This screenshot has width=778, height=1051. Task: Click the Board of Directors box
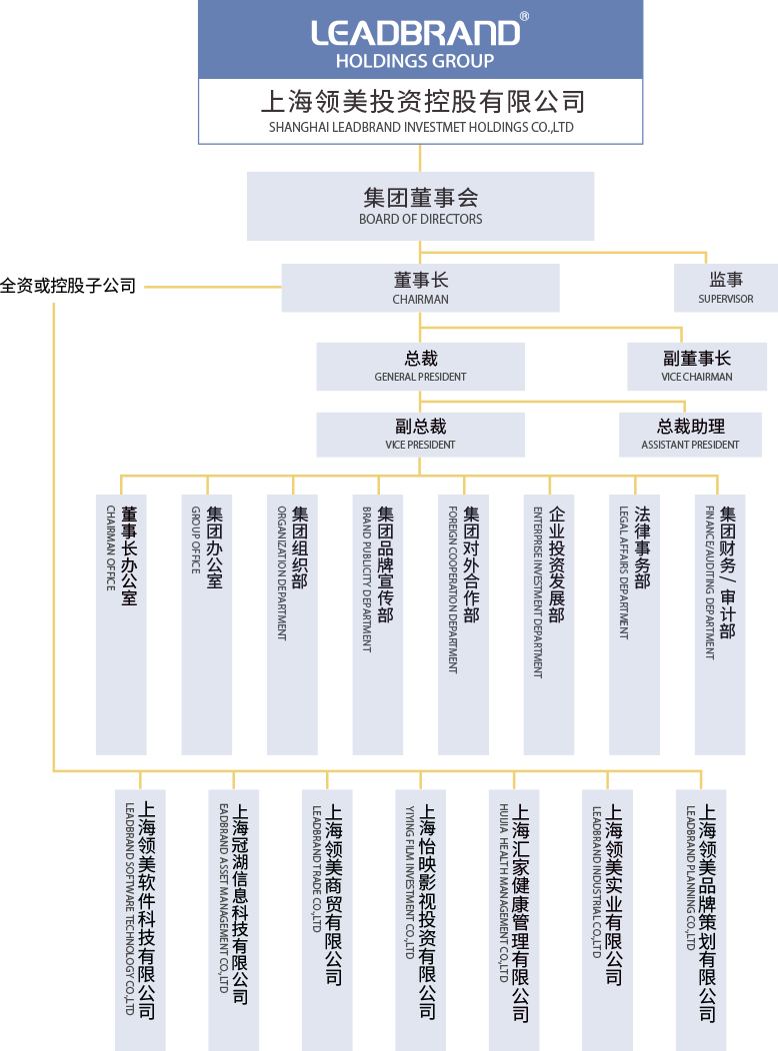click(x=420, y=206)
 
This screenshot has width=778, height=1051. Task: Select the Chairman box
click(x=420, y=288)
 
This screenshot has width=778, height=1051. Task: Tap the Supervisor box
click(x=726, y=288)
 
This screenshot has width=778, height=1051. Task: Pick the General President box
click(x=420, y=367)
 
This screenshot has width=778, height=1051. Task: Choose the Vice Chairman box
click(x=697, y=367)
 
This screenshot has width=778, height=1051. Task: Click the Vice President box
click(x=420, y=435)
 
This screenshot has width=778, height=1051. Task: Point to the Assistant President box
click(x=690, y=435)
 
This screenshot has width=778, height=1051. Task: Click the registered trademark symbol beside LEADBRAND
click(x=525, y=17)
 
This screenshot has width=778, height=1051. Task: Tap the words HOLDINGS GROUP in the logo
click(x=415, y=61)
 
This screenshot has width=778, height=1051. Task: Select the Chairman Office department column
click(x=121, y=624)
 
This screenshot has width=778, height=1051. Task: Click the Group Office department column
click(x=207, y=624)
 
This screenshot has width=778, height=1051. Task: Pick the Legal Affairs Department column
click(x=634, y=624)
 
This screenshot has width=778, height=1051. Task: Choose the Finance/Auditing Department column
click(x=720, y=624)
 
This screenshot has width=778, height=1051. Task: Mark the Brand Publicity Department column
click(x=378, y=624)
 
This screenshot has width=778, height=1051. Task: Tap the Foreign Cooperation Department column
click(x=463, y=624)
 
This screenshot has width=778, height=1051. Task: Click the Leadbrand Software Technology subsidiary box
click(x=140, y=919)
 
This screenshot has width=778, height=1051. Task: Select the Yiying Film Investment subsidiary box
click(x=420, y=919)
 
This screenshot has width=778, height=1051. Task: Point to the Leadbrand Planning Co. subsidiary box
click(x=701, y=919)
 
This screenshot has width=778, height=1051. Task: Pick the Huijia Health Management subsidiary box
click(x=514, y=919)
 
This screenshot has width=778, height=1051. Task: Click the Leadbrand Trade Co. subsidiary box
click(x=327, y=919)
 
